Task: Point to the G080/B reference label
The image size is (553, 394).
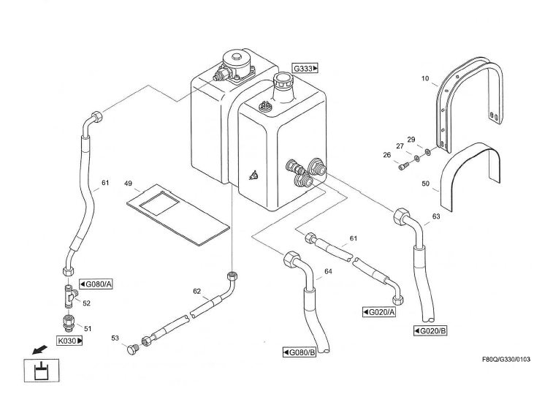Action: tap(299, 353)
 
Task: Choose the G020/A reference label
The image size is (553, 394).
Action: tap(379, 312)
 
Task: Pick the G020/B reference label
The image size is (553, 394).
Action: tap(430, 330)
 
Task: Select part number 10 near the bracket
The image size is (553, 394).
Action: tap(425, 77)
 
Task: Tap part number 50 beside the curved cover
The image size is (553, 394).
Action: tap(425, 185)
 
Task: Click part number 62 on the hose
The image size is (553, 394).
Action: tap(197, 291)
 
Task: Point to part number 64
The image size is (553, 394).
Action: tap(328, 272)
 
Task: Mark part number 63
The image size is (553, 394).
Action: tap(436, 216)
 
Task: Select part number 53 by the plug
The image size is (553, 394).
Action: tap(115, 338)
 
